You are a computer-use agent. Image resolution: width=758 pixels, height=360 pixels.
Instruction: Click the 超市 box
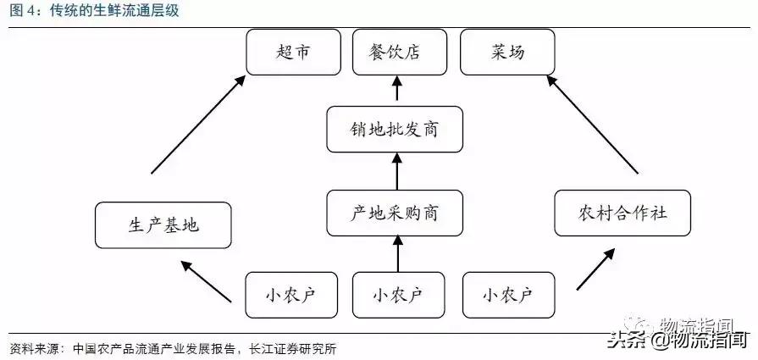293,52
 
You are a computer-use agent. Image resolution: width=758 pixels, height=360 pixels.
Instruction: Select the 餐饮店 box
396,52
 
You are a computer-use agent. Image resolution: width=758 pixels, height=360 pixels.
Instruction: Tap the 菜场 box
507,52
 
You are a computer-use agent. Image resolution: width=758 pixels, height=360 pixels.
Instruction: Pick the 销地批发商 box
395,130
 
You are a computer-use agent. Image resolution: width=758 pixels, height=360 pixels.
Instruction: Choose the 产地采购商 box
395,213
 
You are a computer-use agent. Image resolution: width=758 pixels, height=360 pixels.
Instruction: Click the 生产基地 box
163,225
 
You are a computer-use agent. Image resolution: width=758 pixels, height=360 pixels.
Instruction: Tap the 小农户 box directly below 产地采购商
396,295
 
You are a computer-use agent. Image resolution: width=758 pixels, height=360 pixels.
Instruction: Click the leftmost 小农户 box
288,295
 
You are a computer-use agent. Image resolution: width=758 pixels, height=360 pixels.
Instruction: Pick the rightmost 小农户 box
507,295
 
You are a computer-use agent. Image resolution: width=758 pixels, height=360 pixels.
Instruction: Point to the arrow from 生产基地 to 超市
196,124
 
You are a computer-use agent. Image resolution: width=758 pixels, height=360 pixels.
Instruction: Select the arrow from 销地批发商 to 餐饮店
396,91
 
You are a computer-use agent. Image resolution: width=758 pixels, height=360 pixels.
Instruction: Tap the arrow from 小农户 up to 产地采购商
396,254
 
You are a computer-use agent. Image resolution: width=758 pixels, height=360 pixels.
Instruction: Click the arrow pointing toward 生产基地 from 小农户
207,281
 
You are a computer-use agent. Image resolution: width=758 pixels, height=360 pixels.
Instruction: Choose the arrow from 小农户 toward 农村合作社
596,269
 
